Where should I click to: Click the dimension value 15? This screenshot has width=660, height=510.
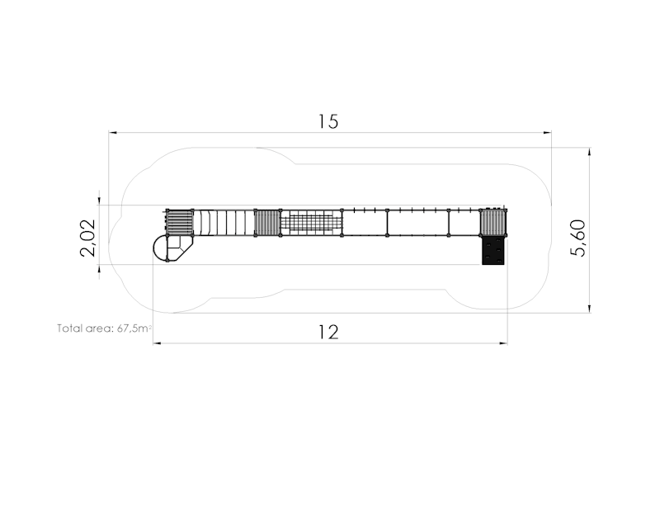[328, 121]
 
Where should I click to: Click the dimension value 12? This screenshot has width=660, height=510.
[328, 333]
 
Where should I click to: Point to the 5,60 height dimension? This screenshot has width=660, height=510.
[577, 238]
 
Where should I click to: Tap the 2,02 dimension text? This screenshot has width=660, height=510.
[88, 238]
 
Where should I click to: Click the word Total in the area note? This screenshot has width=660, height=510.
[70, 328]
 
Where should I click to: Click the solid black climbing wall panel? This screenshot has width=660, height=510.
[493, 250]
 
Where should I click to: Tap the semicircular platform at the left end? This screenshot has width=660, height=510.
[160, 248]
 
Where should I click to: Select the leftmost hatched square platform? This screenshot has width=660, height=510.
[180, 222]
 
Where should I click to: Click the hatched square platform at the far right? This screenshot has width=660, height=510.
[493, 222]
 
